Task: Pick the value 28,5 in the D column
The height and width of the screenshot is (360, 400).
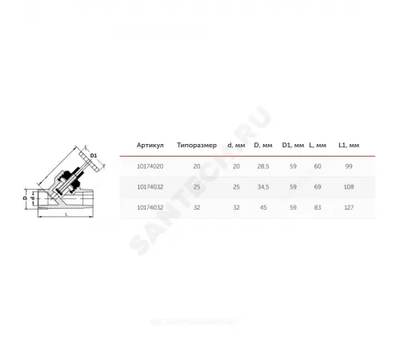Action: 261,166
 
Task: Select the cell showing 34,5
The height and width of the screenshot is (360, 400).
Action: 261,186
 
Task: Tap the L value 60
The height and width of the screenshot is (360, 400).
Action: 318,166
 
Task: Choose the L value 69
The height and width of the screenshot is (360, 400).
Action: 318,186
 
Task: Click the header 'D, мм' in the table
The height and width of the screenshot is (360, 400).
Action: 262,146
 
